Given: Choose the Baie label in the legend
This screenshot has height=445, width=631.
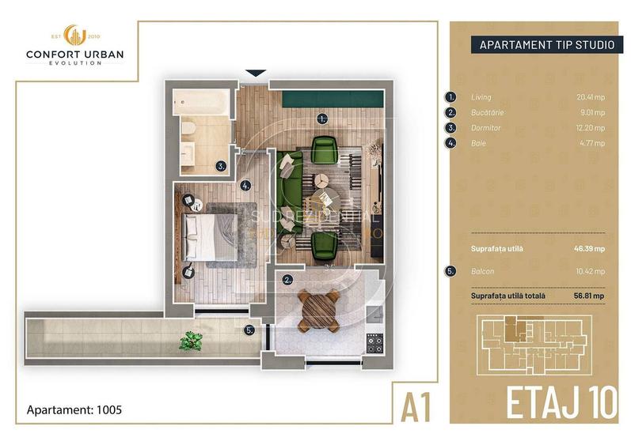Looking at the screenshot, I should point(477,143).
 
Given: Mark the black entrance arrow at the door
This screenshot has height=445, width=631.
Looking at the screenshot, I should point(254,73).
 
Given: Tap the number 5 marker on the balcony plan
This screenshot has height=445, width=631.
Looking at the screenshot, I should point(249,331).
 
